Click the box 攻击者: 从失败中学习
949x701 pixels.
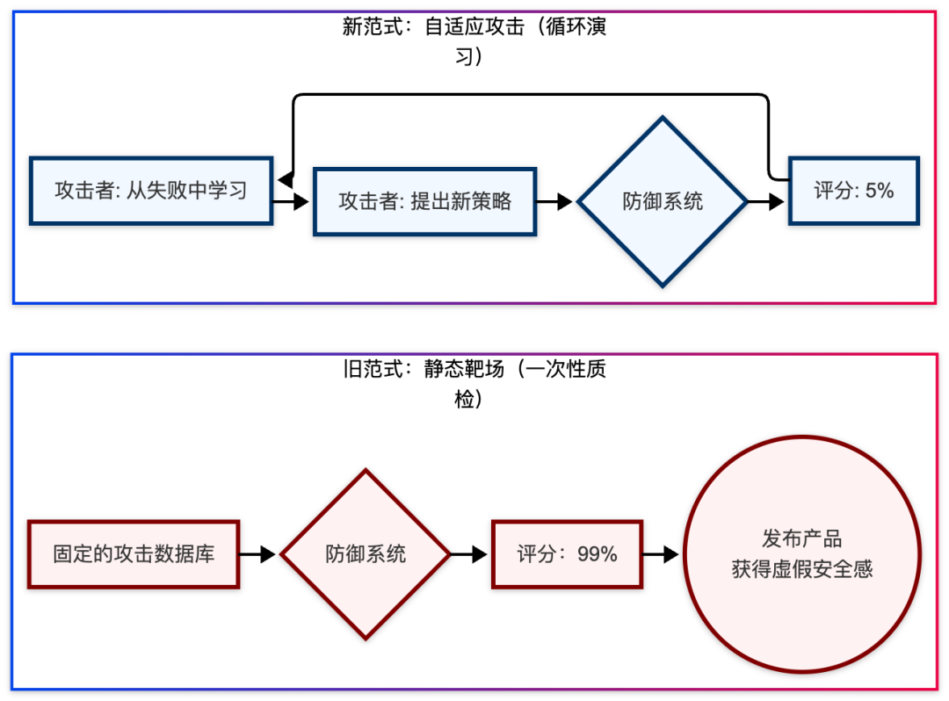tap(151, 191)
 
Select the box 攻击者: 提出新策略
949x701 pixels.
tap(424, 201)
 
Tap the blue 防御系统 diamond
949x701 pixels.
tap(663, 201)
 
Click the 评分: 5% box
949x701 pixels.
tap(853, 191)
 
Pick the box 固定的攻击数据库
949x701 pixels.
tap(134, 554)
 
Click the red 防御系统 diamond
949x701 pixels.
tap(366, 554)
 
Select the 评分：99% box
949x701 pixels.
tap(567, 554)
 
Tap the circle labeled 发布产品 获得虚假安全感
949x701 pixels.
tap(802, 554)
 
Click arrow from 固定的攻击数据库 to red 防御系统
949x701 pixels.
tap(258, 554)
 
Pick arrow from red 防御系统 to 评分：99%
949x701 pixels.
tap(470, 554)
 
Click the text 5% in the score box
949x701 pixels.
tap(879, 191)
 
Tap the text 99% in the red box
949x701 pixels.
tap(598, 554)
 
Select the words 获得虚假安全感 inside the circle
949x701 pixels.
tap(802, 569)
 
